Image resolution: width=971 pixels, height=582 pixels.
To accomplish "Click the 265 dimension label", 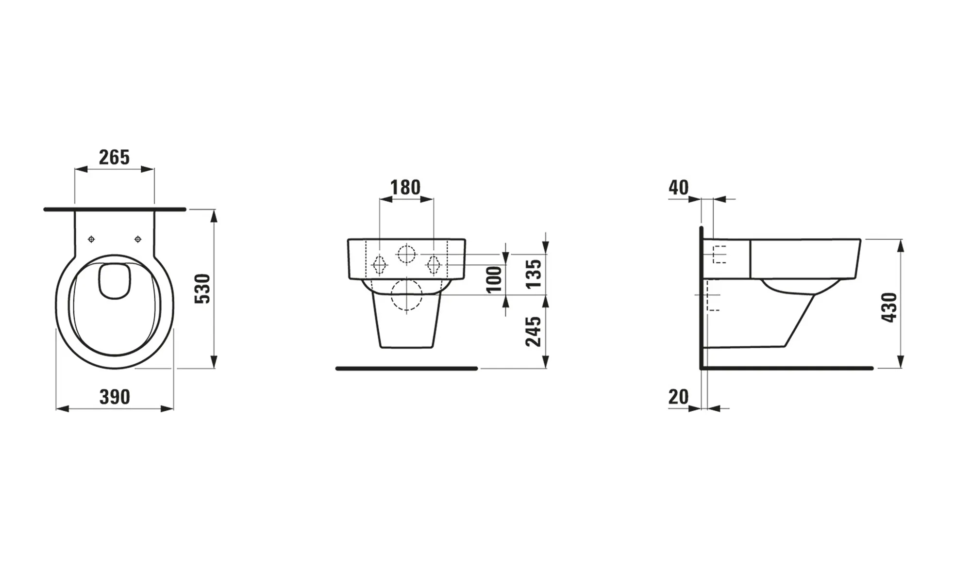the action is tap(115, 157).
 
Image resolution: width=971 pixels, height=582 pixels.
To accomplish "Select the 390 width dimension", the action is tap(115, 397).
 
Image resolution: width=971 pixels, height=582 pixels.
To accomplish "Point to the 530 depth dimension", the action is tap(202, 289).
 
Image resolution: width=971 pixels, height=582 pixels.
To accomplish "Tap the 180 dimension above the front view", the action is tap(406, 187).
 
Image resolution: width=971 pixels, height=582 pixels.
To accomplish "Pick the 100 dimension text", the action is tap(494, 279).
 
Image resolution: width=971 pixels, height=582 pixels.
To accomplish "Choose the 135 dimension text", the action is tap(534, 274).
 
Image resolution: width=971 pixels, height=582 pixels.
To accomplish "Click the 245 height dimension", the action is tap(534, 332).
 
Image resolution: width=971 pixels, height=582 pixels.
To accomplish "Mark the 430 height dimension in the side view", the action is tap(889, 307).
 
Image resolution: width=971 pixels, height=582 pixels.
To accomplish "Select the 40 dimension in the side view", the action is tap(679, 187).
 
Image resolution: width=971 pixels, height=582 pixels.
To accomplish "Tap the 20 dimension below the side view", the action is tap(679, 397).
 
